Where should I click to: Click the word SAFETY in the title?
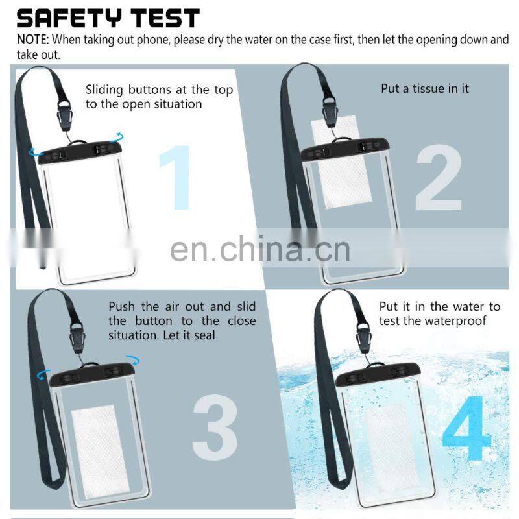69,18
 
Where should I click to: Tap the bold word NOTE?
33,40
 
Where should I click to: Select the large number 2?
439,177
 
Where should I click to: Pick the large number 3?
215,427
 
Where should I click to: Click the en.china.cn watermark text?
260,249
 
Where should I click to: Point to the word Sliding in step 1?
104,90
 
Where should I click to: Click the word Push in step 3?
121,306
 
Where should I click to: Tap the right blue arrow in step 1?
118,136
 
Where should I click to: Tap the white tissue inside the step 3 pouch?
99,452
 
